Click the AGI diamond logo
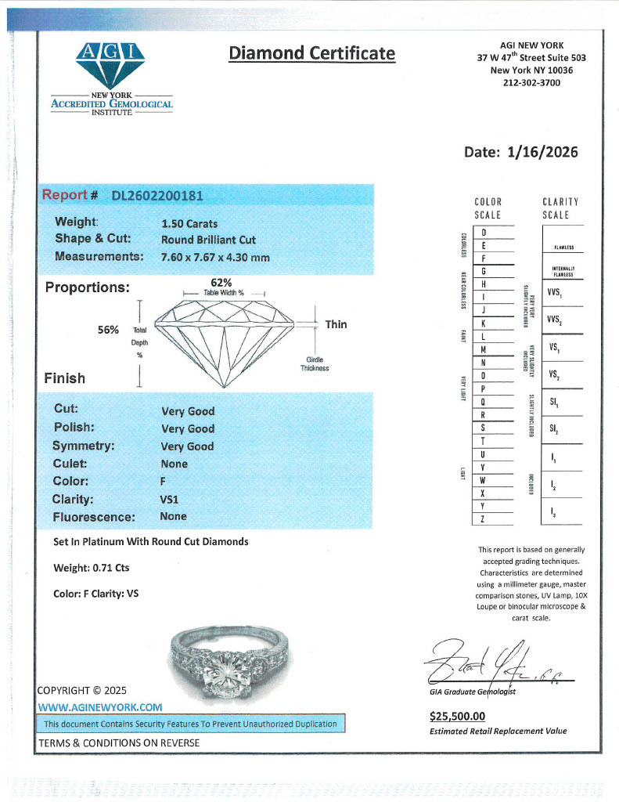111,67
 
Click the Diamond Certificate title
311,53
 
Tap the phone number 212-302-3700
531,82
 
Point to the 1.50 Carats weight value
189,223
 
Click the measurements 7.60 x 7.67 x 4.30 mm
215,257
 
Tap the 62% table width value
221,282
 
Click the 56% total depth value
108,330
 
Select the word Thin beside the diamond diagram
336,324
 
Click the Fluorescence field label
94,517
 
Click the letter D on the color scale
484,233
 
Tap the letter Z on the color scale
484,519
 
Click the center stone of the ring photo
223,656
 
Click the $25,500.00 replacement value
458,716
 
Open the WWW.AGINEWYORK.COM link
100,706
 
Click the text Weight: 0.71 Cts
92,568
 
